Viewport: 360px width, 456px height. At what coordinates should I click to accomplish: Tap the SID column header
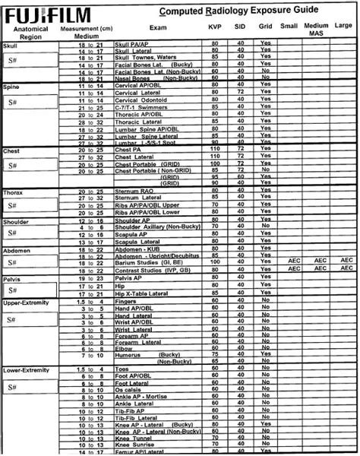241,27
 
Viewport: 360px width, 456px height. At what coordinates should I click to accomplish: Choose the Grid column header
265,27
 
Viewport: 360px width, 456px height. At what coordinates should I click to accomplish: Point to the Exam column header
158,27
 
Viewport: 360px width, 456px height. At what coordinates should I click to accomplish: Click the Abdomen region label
16,248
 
